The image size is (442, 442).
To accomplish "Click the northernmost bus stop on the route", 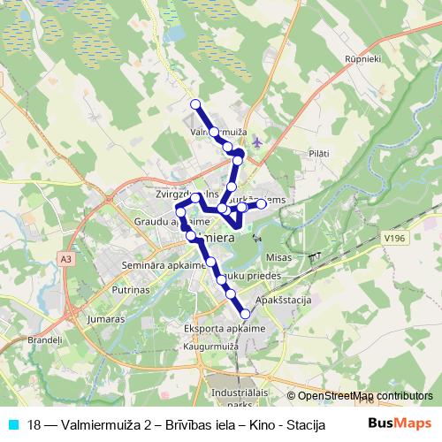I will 195,104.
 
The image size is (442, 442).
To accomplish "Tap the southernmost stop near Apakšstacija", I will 245,313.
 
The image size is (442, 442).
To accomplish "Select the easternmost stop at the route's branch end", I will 262,204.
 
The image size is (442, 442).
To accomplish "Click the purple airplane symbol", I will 256,141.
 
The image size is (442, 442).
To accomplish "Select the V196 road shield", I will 394,237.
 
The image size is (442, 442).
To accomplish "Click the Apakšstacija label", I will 284,301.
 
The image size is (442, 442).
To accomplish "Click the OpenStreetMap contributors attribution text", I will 364,397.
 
